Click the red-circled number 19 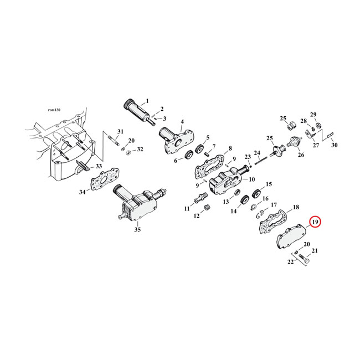point(315,223)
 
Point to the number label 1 point(147,101)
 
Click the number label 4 point(182,122)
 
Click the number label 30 point(334,145)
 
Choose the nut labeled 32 point(126,152)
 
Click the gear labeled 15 point(256,194)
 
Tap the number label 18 point(296,206)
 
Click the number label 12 point(197,216)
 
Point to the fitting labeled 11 point(199,197)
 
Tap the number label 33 point(99,166)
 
